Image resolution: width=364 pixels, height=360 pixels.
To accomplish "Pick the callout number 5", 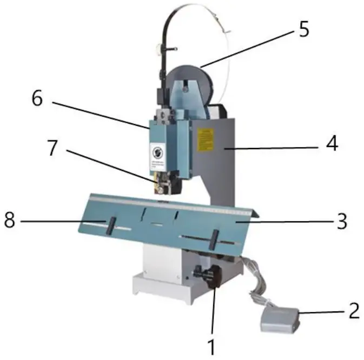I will [304, 29].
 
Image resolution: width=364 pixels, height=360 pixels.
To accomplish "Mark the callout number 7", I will [52, 148].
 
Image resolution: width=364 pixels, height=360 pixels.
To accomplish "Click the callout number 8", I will [12, 221].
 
